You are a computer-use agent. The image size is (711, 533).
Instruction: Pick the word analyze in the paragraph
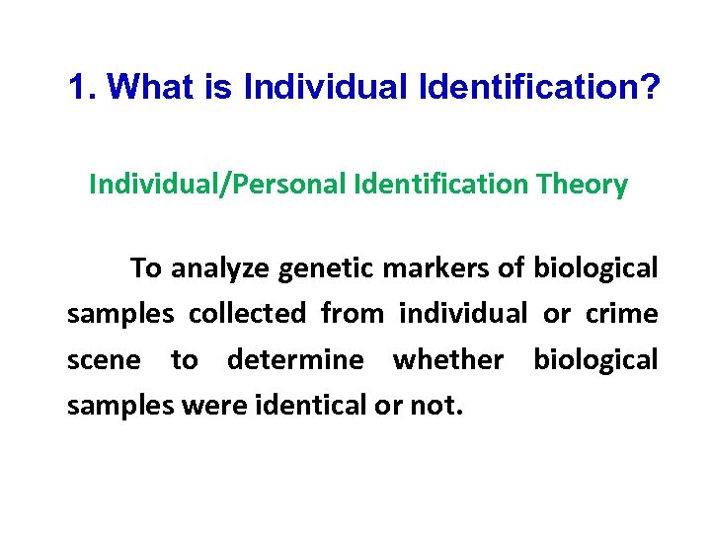(220, 267)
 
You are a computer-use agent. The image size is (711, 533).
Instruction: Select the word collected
(247, 314)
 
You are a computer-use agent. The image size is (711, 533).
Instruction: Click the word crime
(621, 314)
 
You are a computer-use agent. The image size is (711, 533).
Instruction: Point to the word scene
(104, 359)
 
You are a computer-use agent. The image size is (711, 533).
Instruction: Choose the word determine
(295, 359)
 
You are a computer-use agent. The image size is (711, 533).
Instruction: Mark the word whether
(448, 359)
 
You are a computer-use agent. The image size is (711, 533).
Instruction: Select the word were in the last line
(216, 406)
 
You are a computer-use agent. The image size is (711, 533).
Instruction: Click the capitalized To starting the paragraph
(147, 267)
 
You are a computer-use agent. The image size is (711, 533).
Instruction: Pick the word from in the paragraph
(353, 314)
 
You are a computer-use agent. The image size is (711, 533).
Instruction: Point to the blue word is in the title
(218, 88)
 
